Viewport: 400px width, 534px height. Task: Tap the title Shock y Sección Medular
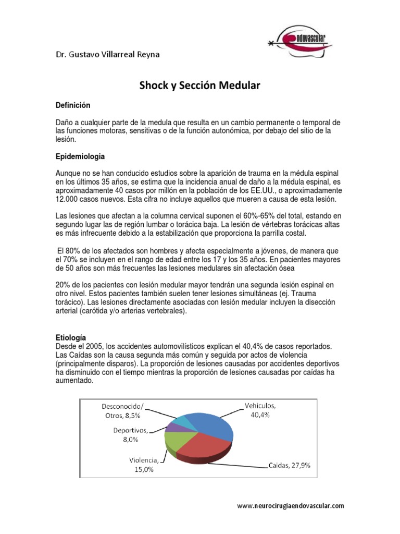199,86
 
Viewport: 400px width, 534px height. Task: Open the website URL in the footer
291,505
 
